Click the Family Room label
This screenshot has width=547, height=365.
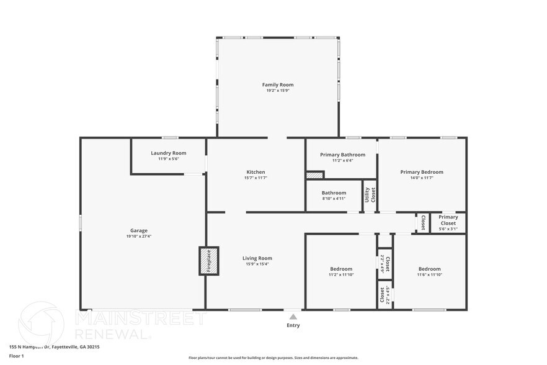[277, 84]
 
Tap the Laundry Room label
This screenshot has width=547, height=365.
[168, 153]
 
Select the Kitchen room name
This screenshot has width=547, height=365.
[256, 172]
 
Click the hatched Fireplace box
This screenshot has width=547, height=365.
[208, 261]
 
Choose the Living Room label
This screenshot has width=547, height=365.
[257, 258]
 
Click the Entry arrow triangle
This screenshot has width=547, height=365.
[293, 317]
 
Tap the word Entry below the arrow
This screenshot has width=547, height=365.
[293, 325]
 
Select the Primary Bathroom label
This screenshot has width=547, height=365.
[342, 155]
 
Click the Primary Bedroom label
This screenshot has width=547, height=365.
[422, 172]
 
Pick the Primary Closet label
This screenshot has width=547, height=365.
[448, 219]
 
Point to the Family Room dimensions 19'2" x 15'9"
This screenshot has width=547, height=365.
[277, 91]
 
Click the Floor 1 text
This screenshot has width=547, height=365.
[16, 356]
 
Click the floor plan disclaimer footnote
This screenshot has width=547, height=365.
[273, 358]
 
